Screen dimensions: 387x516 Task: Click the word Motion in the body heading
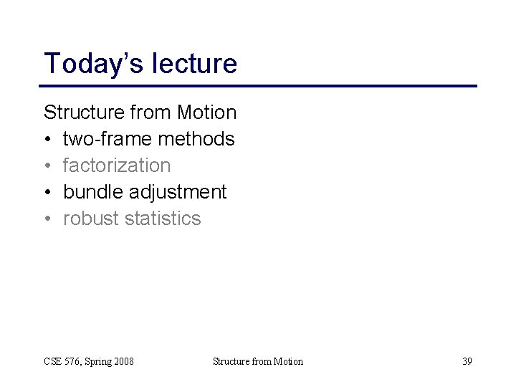tap(206, 113)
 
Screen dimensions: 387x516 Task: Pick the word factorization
tap(117, 166)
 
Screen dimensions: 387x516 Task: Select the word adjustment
tap(178, 192)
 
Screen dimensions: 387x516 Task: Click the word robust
tap(91, 219)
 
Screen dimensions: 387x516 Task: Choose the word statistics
tap(163, 219)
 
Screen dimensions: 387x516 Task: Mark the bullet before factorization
tap(48, 166)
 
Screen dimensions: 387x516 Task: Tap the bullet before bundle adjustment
tap(48, 193)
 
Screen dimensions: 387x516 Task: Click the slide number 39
tap(467, 361)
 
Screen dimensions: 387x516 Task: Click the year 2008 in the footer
tap(123, 361)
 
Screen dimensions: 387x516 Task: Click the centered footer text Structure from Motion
tap(258, 361)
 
